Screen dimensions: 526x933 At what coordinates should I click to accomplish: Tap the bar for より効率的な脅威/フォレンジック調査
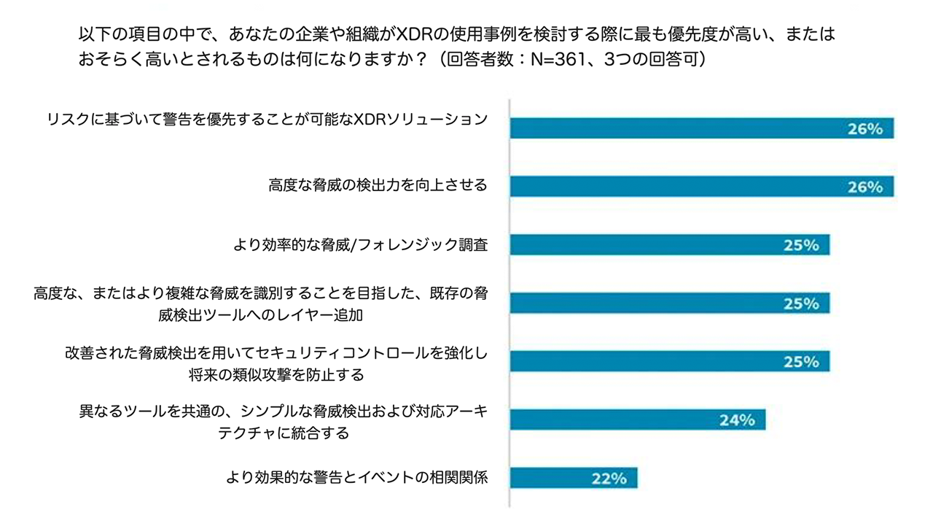point(669,244)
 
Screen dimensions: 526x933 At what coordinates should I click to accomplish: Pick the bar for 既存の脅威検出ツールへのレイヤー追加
point(669,303)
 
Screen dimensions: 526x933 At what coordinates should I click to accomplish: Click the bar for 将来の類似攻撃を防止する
point(669,361)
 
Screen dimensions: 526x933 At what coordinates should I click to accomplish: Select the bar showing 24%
point(637,419)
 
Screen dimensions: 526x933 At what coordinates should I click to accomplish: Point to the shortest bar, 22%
point(573,478)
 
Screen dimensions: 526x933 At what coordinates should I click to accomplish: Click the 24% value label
point(737,420)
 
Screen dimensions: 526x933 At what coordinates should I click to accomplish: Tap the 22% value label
point(609,479)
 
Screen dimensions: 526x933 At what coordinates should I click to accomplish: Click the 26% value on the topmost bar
point(865,128)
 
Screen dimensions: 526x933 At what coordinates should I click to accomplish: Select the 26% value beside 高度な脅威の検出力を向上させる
point(865,187)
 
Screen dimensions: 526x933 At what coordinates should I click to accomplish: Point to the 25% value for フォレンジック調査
point(801,245)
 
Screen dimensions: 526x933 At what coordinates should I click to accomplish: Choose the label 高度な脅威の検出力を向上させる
point(378,185)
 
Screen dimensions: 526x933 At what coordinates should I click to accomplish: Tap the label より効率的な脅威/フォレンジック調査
point(360,244)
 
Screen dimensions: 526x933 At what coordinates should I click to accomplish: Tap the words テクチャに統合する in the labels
point(284,433)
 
